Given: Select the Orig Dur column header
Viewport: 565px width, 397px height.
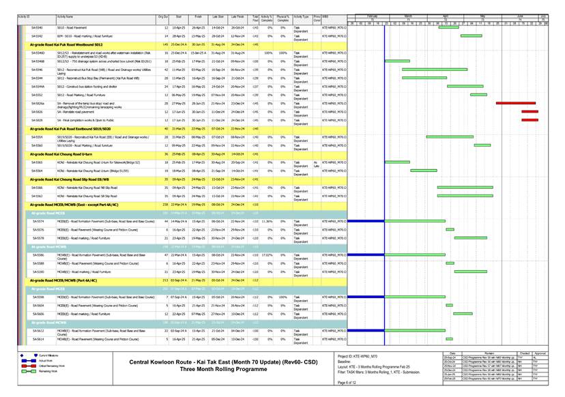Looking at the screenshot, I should click(163, 16).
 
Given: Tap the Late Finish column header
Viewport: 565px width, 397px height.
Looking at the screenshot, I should click(237, 16).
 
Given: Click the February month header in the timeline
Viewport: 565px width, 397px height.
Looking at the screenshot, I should click(372, 15).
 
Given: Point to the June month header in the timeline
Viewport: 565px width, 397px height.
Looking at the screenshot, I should click(520, 15).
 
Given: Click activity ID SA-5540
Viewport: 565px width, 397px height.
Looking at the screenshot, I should click(37, 27).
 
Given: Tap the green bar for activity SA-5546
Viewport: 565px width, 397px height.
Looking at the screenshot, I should click(425, 70).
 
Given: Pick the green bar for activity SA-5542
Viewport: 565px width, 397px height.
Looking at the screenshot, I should click(471, 36).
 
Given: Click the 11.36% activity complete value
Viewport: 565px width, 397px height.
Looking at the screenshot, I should click(267, 221).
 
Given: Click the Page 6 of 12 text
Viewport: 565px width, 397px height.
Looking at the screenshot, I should click(350, 383).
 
